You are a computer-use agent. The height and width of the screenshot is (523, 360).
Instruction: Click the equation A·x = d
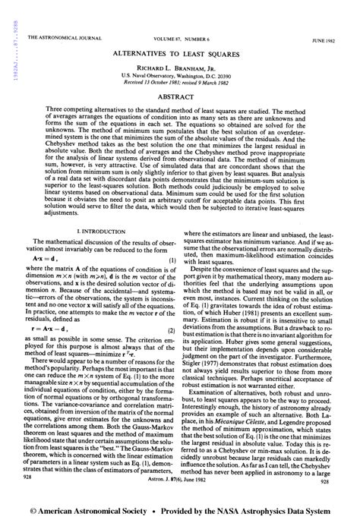[x=48, y=260]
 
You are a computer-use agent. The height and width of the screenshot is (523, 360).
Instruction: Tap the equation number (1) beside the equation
[x=172, y=260]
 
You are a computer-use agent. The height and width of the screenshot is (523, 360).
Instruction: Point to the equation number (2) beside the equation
[x=172, y=310]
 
